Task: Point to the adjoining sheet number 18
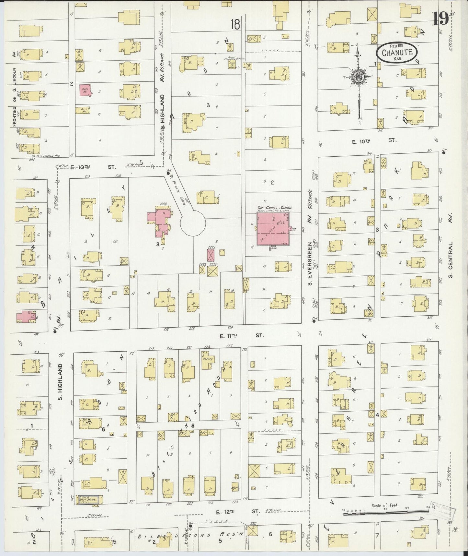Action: pyautogui.click(x=235, y=25)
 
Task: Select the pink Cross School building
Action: pyautogui.click(x=272, y=229)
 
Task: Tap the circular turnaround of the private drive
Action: pyautogui.click(x=193, y=223)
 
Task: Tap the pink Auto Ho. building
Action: pyautogui.click(x=86, y=90)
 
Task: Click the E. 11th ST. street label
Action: pyautogui.click(x=241, y=336)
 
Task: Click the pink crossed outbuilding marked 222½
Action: pyautogui.click(x=211, y=255)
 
